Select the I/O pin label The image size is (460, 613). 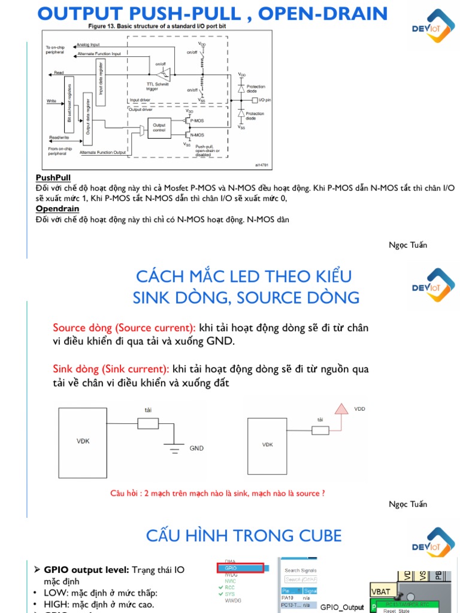tap(264, 100)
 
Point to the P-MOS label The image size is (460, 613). tap(197, 120)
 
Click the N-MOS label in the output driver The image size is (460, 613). tap(197, 135)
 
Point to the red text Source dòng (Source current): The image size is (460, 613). tap(124, 328)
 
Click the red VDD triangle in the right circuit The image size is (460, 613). tap(341, 409)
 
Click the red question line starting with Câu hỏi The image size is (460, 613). tap(217, 493)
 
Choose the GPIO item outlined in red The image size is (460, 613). tap(240, 568)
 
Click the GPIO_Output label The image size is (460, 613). tap(342, 607)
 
